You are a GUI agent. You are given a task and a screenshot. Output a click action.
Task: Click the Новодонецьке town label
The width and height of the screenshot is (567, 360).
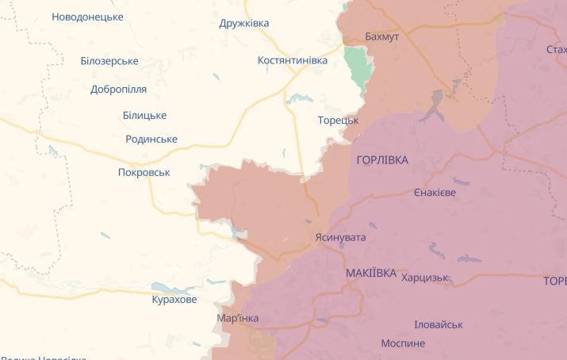click(x=87, y=17)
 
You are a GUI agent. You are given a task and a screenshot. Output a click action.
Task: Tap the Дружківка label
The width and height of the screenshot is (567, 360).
click(x=244, y=23)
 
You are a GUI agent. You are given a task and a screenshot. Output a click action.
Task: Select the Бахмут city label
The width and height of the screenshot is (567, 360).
click(x=382, y=36)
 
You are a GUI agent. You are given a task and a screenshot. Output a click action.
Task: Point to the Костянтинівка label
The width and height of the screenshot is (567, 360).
click(x=293, y=60)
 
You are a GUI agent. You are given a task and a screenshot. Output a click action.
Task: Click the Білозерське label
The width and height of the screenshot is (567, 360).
click(x=109, y=61)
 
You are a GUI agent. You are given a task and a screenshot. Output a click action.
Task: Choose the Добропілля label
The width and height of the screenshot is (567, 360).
click(x=120, y=89)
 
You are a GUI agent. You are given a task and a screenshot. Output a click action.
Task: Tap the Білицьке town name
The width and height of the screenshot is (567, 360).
click(x=144, y=115)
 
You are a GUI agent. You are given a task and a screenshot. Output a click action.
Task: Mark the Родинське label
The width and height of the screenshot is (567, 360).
click(x=151, y=140)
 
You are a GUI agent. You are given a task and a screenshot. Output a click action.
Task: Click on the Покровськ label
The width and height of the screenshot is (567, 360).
click(x=144, y=172)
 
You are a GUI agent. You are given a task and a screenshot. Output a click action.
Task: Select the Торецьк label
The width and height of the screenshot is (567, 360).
click(x=338, y=120)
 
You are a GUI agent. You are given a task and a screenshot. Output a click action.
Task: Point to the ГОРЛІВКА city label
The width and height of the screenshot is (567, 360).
click(x=382, y=160)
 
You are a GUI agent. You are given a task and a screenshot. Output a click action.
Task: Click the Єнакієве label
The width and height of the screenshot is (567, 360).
click(x=435, y=193)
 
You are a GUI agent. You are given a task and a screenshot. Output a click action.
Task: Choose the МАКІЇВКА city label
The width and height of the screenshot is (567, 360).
click(x=371, y=273)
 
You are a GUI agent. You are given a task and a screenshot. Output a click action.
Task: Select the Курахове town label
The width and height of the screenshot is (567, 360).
click(x=174, y=300)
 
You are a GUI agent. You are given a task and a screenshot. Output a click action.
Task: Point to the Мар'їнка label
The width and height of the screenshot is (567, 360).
click(x=238, y=318)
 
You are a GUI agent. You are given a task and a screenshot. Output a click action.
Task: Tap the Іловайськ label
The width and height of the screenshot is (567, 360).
click(x=439, y=324)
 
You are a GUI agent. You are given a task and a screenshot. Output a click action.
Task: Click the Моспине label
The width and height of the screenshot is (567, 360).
click(x=403, y=343)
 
